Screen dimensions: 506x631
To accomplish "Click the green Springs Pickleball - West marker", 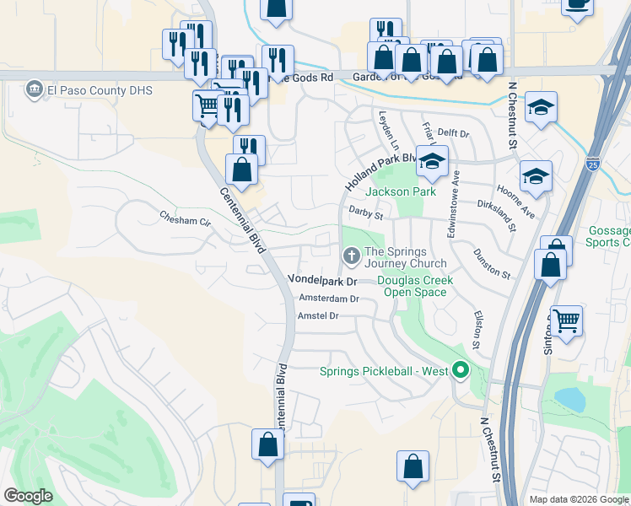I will (x=461, y=370).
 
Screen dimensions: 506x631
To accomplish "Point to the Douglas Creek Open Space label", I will (x=415, y=286).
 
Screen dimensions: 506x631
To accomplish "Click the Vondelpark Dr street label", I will (x=323, y=279).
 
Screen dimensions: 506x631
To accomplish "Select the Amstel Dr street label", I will (x=318, y=315).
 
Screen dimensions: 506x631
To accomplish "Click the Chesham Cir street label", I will (x=185, y=220).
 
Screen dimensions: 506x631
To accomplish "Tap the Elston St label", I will (x=476, y=330).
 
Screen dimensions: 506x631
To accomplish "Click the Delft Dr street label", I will (x=453, y=133).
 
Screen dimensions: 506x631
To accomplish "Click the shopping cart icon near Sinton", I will (x=567, y=320).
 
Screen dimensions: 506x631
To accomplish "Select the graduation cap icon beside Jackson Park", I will (x=432, y=161).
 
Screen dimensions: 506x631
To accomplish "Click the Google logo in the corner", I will (x=28, y=496).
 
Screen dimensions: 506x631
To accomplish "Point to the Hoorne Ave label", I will (x=516, y=203).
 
